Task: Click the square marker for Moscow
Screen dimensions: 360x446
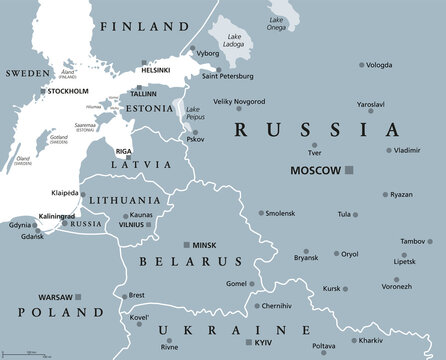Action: (349, 171)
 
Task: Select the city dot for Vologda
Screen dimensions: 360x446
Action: (362, 65)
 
